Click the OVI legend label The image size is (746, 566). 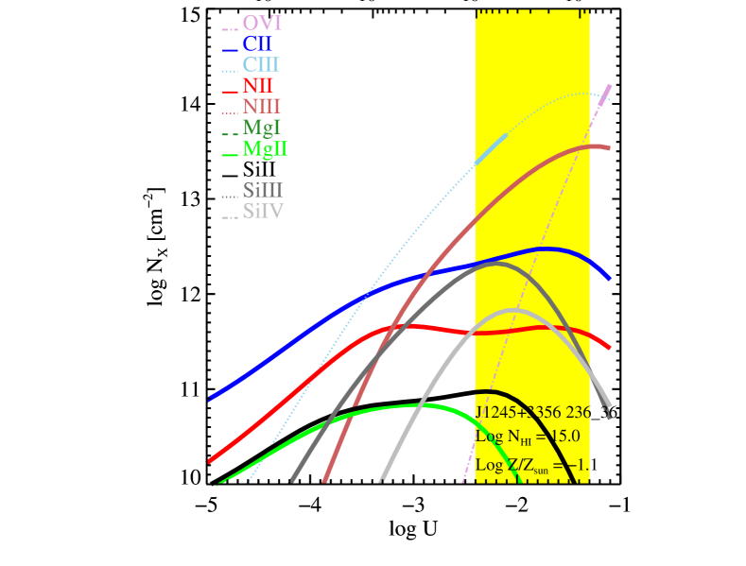click(x=262, y=23)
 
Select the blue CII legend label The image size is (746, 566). click(x=257, y=44)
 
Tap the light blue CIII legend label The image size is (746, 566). click(x=261, y=65)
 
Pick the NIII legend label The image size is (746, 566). click(x=261, y=108)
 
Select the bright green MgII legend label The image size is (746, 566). click(x=265, y=149)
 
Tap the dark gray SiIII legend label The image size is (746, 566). click(x=263, y=191)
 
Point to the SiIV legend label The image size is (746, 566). click(x=263, y=212)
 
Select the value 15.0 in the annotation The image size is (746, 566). click(x=558, y=437)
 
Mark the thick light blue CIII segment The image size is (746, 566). click(x=491, y=149)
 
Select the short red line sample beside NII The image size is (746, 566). click(x=229, y=92)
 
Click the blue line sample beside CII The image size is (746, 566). click(x=229, y=49)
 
